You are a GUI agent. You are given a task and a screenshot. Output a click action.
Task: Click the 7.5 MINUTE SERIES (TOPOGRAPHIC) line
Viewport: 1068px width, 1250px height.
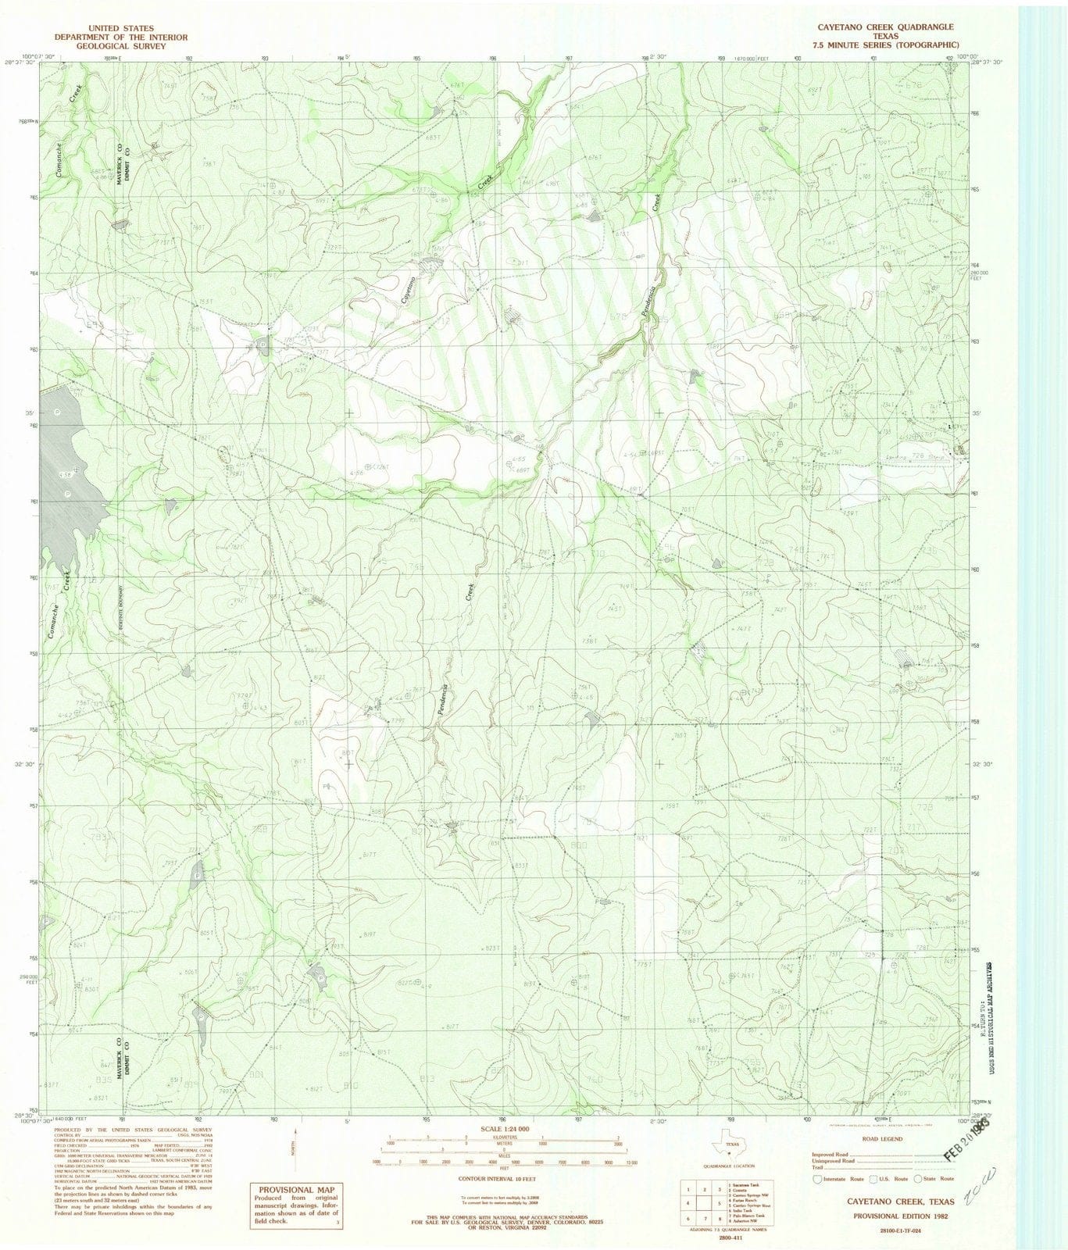tap(885, 46)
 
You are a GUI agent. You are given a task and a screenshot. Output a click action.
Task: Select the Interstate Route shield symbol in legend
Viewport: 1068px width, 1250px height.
tap(817, 1178)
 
